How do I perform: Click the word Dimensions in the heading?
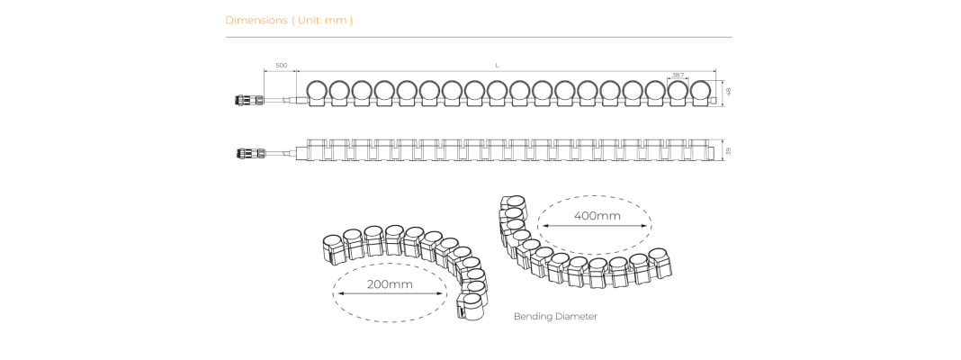256,20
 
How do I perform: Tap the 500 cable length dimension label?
282,65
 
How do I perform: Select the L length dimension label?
497,65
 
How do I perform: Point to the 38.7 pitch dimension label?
678,75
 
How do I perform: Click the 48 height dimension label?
729,92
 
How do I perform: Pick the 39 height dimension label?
729,151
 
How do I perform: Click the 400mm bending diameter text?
597,216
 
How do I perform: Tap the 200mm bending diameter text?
390,284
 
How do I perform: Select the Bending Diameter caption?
555,317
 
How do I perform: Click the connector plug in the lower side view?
251,153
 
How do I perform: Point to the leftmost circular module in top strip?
317,92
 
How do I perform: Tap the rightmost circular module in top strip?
703,92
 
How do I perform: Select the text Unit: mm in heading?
322,20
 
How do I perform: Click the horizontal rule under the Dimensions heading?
479,38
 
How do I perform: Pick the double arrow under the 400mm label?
593,226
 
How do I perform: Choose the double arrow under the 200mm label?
390,293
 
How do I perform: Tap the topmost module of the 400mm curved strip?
513,204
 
